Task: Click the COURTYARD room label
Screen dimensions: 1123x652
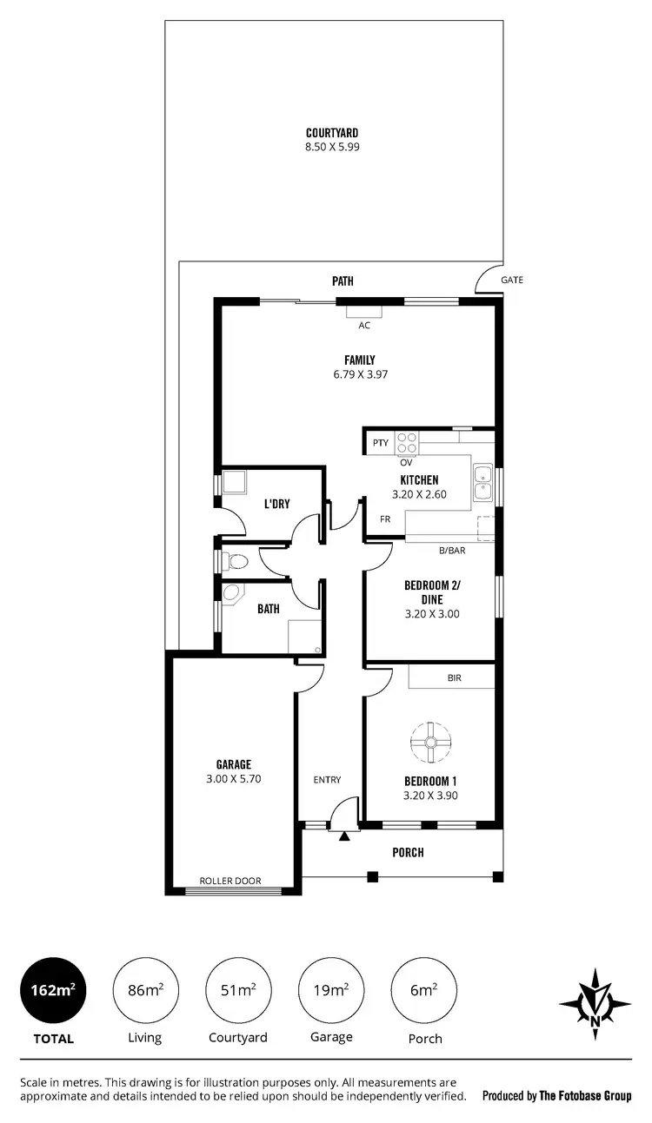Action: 332,133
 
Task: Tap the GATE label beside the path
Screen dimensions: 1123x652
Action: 512,280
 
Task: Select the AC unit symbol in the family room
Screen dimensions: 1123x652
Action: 364,313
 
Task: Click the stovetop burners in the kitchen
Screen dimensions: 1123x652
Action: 407,443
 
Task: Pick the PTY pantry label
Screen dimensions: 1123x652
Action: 380,443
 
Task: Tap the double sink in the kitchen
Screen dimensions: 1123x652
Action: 482,483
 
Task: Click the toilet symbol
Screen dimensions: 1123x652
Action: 230,561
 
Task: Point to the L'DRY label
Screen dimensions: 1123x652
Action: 276,504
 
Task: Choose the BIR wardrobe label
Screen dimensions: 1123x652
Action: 454,677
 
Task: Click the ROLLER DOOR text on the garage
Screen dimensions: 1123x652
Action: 230,880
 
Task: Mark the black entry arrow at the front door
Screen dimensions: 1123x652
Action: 344,837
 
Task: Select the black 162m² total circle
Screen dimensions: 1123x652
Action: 53,990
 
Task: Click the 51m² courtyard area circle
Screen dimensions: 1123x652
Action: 237,990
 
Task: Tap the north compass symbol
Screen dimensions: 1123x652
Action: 595,1004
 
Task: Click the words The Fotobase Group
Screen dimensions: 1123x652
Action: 585,1096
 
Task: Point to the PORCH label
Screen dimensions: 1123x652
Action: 408,852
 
